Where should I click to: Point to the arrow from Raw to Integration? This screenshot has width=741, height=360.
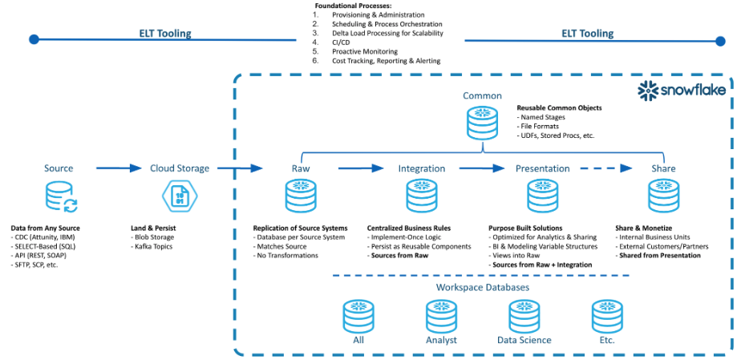tap(362, 168)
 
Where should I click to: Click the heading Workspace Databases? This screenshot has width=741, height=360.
tap(481, 286)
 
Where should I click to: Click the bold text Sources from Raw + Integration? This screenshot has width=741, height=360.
tap(542, 265)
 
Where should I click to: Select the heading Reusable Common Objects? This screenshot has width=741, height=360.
tap(559, 107)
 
